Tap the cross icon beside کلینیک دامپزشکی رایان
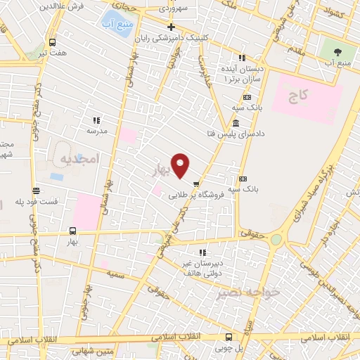pos(171,27)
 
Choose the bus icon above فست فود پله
pos(36,190)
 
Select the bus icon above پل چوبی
pos(229,336)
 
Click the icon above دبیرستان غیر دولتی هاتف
pos(202,252)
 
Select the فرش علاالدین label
pos(61,6)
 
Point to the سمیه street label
pos(115,275)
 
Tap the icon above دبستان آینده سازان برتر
pos(243,58)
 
